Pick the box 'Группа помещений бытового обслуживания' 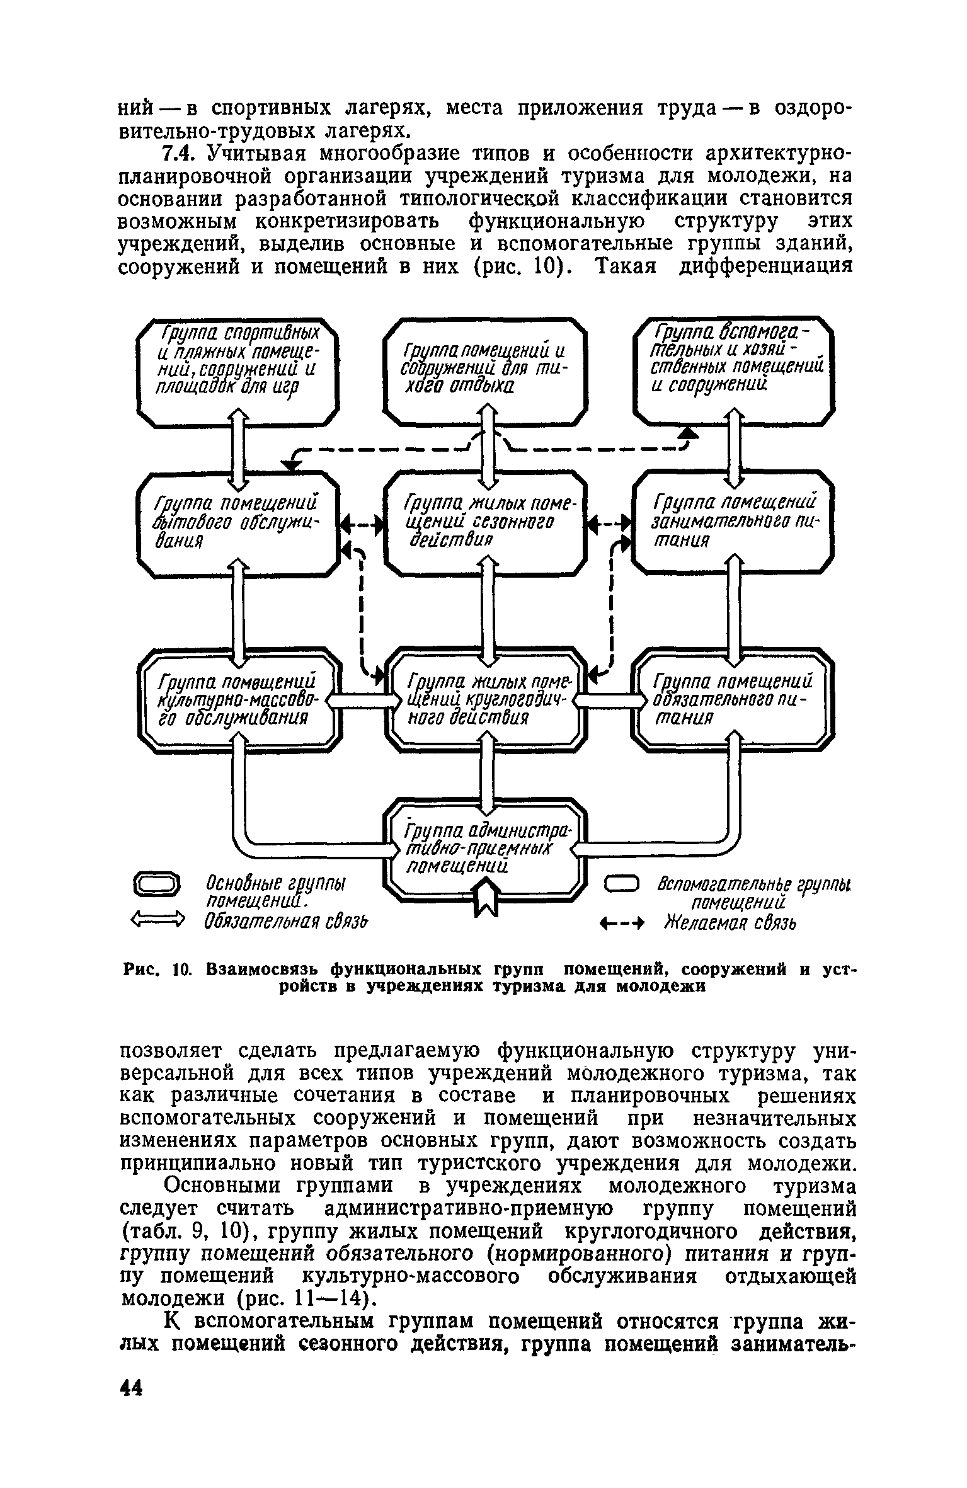point(237,522)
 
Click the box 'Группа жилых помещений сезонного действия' point(484,522)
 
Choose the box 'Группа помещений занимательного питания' point(733,522)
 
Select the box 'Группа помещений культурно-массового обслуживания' point(237,700)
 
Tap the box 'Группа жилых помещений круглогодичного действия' point(484,700)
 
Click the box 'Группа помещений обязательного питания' point(733,700)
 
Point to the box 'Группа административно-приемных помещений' point(484,847)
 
